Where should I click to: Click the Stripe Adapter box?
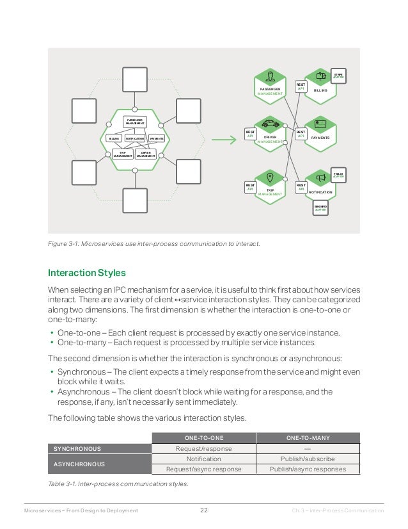tap(338, 76)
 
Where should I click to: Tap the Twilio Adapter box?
tap(338, 174)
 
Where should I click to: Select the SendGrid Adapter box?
tap(320, 208)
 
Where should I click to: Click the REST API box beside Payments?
tap(301, 134)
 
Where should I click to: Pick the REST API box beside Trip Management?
tap(251, 187)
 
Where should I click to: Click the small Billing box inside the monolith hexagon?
tap(114, 138)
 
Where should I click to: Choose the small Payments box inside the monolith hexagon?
tap(157, 138)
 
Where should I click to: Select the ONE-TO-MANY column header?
tap(307, 437)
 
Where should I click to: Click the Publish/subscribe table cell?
tap(307, 459)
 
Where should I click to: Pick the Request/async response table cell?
tap(203, 469)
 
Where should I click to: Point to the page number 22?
tap(204, 510)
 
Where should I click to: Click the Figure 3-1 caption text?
tap(154, 243)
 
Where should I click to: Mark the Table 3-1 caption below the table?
tap(118, 484)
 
